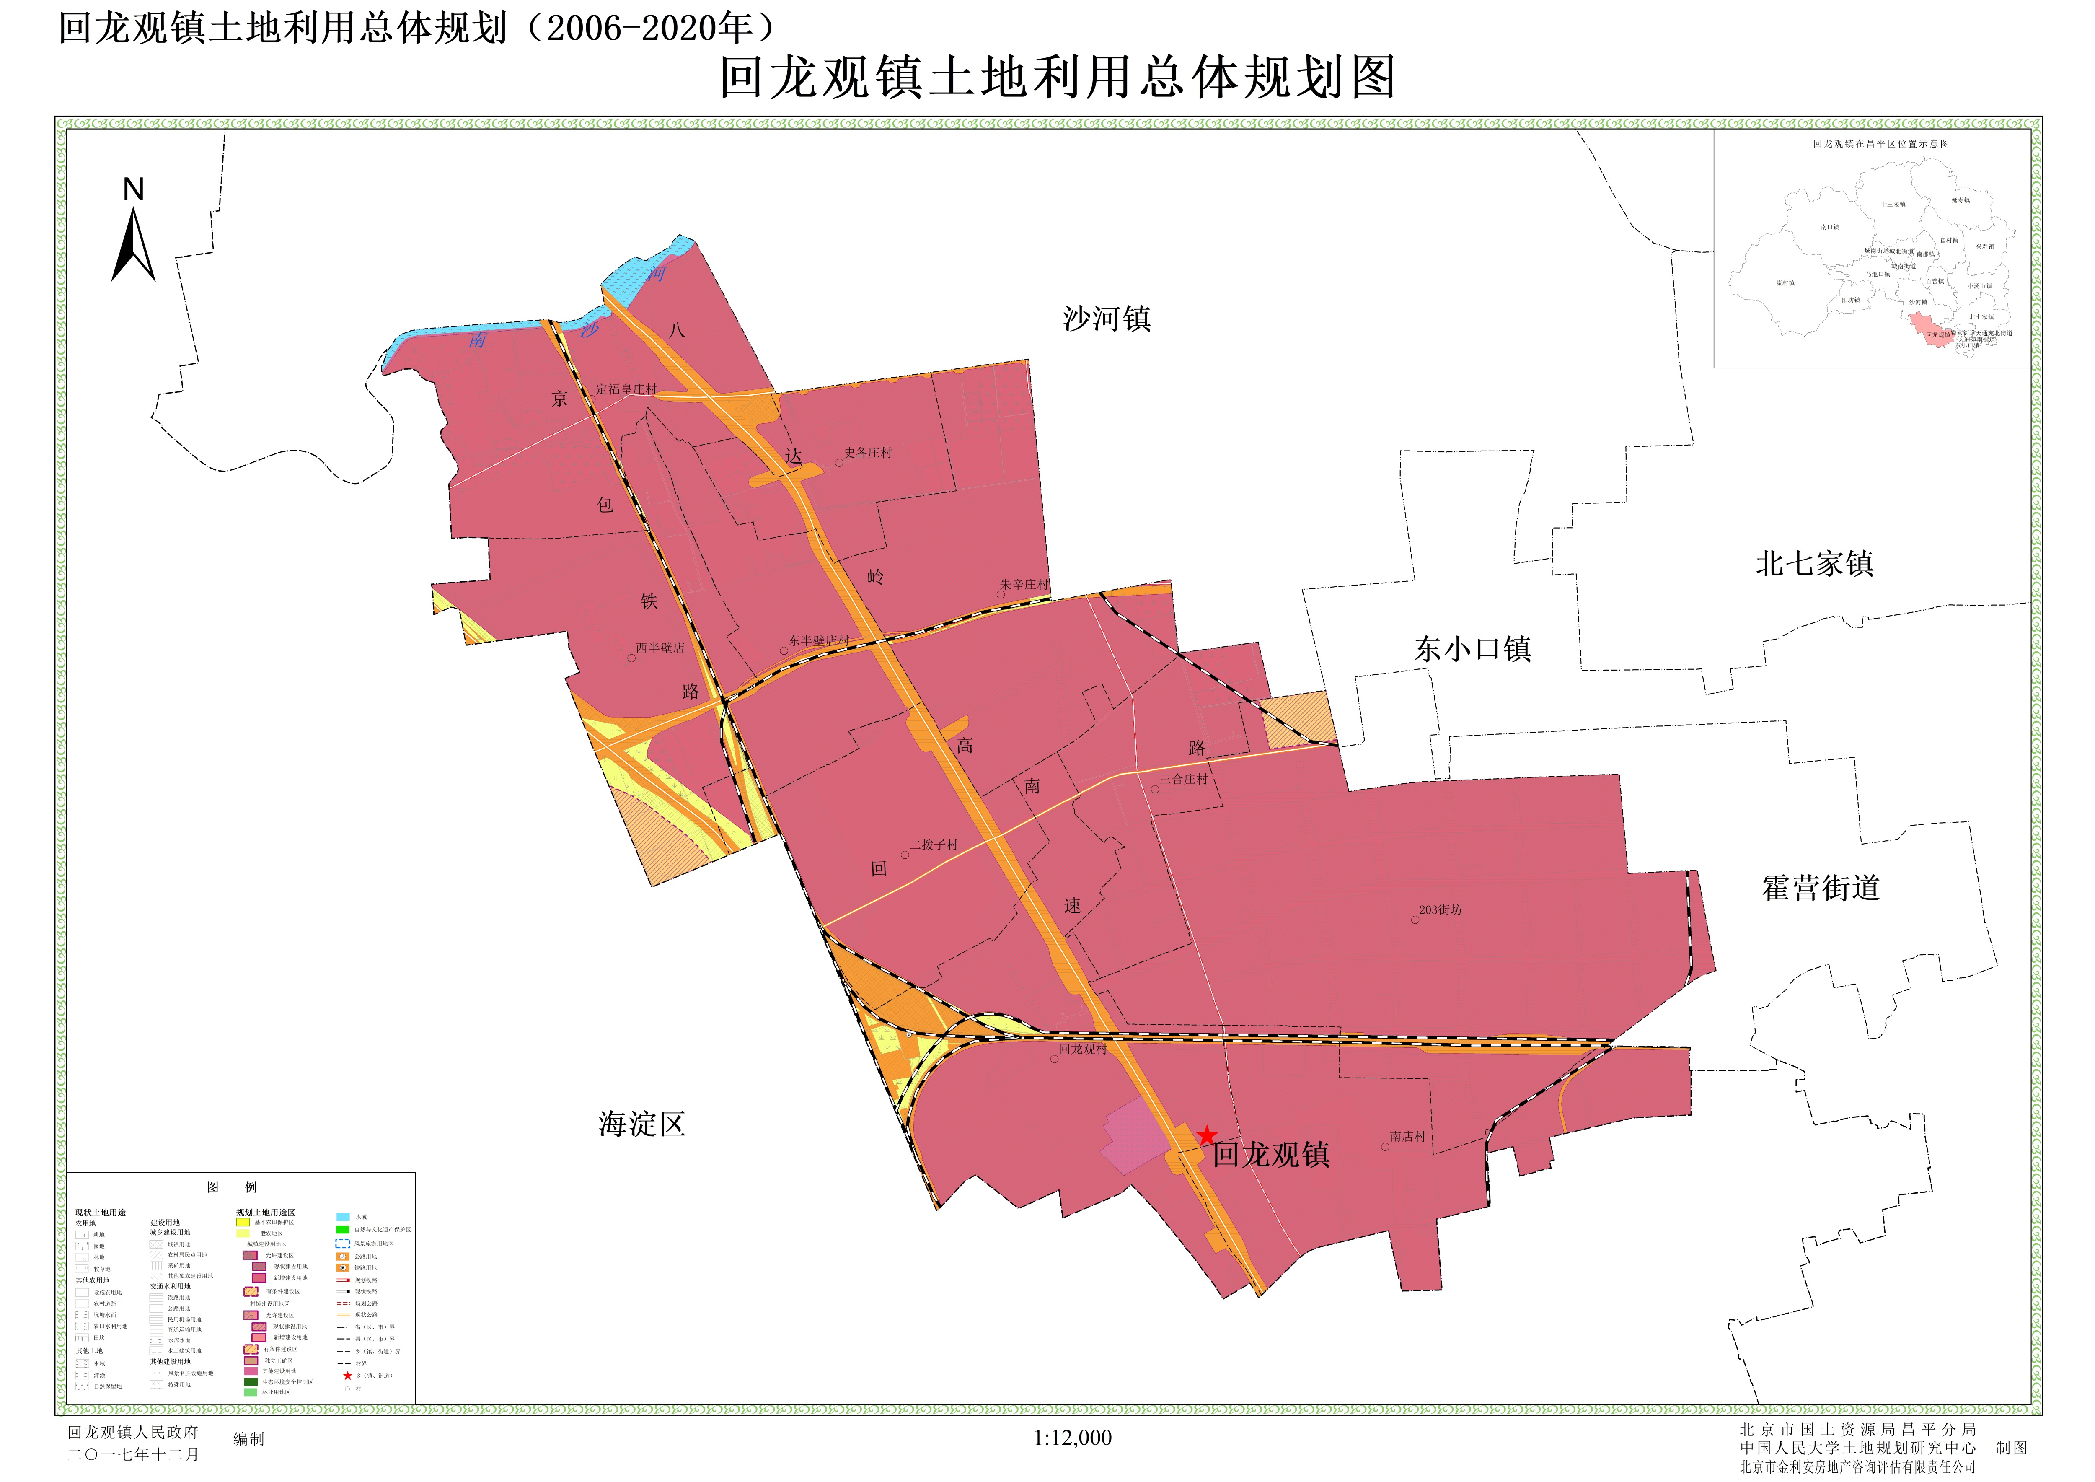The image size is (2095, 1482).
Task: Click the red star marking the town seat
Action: pos(1206,1136)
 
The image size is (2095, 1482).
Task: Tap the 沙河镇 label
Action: pos(1107,319)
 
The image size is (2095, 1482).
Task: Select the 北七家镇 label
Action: pos(1814,563)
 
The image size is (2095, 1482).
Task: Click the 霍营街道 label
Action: pos(1821,888)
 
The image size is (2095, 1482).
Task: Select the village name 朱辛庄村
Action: pos(1024,584)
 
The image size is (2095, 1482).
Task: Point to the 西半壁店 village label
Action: pos(660,648)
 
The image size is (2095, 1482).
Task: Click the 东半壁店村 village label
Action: pos(818,640)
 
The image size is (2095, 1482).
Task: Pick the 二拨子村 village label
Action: pos(934,845)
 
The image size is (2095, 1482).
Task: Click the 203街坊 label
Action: pos(1440,910)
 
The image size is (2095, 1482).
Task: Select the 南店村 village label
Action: pos(1407,1136)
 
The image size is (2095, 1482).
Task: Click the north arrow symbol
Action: pos(133,242)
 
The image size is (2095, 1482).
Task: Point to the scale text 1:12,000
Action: pos(1072,1438)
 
